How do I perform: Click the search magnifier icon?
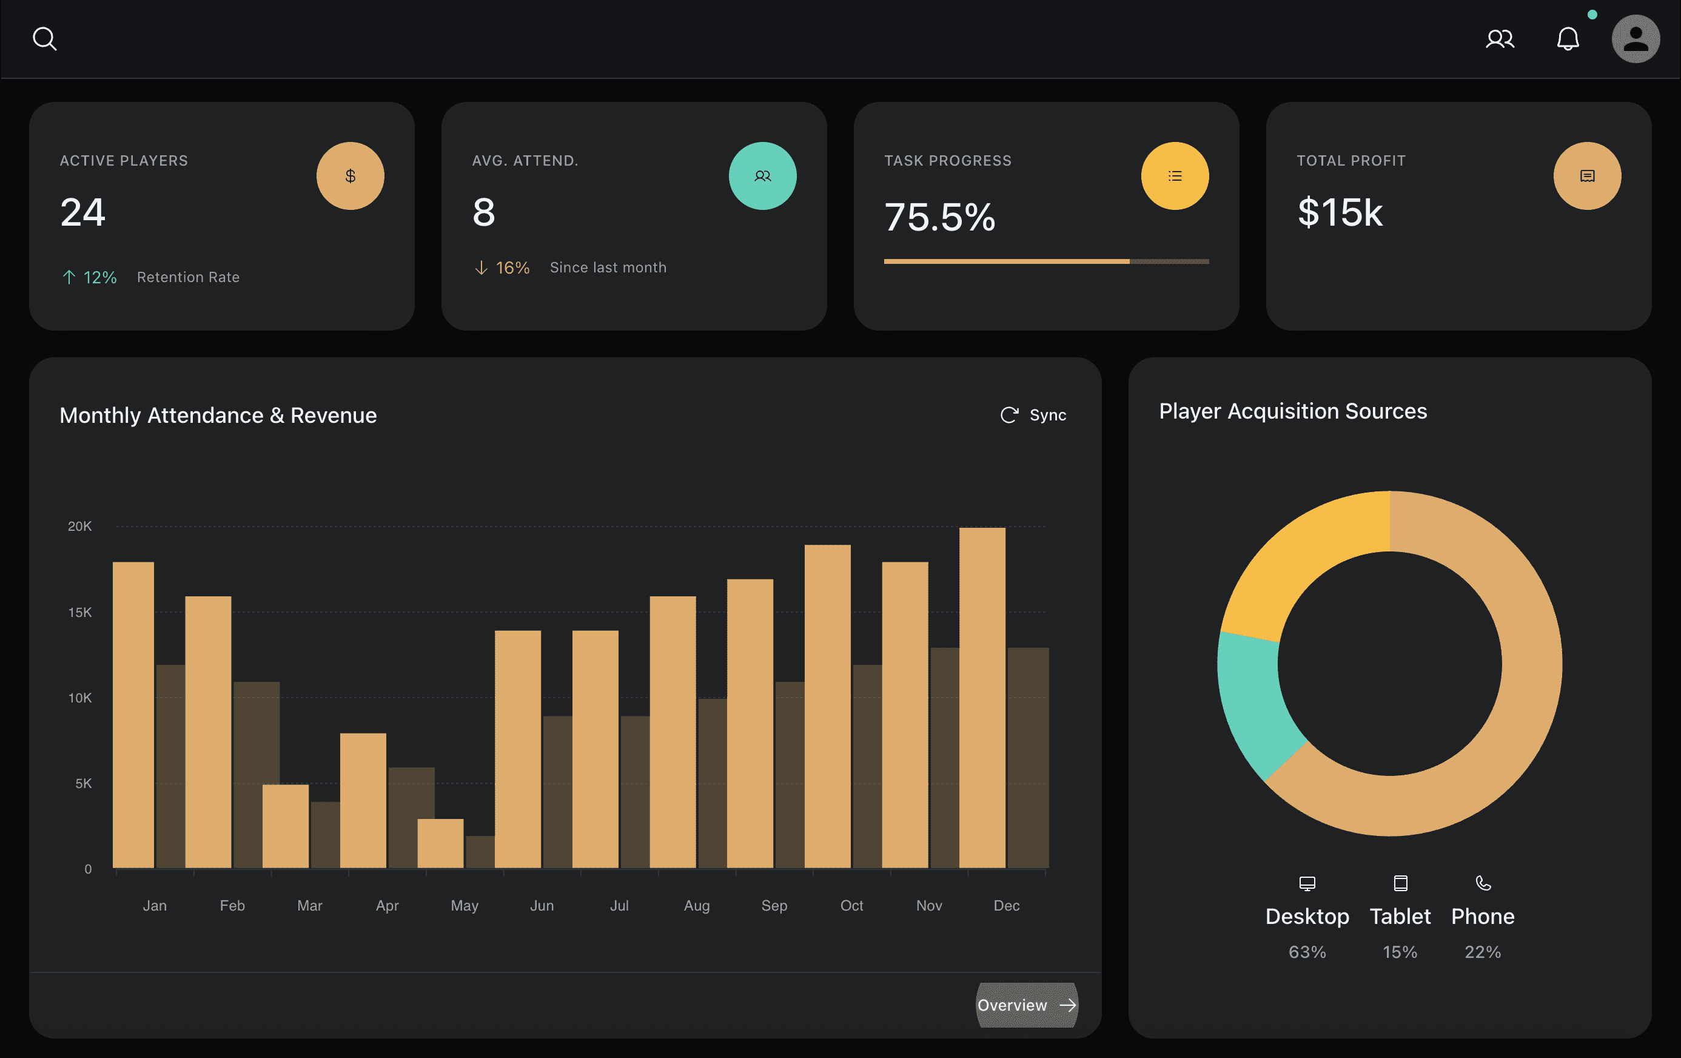[45, 39]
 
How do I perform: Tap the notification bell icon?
[1568, 39]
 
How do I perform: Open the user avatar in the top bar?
[1636, 39]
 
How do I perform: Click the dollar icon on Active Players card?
[351, 176]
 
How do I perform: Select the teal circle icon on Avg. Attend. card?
[762, 176]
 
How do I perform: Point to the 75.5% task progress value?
[939, 217]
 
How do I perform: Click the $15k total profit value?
[1340, 212]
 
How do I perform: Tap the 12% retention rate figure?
[100, 277]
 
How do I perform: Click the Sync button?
[1033, 415]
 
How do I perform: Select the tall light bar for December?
[982, 698]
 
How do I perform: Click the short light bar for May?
[440, 844]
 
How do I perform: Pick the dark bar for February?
[256, 775]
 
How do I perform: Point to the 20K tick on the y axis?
[79, 526]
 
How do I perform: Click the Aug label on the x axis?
[697, 905]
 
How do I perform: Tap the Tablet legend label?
[1400, 916]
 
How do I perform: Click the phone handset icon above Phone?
[1483, 883]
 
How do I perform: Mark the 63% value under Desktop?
[1307, 952]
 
